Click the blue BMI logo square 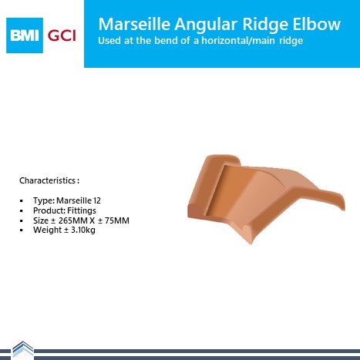(25, 35)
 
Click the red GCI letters (62, 35)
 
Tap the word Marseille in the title (134, 24)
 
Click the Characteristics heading (49, 180)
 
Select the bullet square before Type (22, 201)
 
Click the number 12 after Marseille (97, 200)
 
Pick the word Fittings (82, 210)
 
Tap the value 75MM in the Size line (117, 220)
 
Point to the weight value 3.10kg (83, 230)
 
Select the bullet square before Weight (22, 230)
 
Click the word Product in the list (49, 210)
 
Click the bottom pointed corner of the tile (251, 243)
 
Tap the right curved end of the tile (341, 202)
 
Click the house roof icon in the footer (23, 349)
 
